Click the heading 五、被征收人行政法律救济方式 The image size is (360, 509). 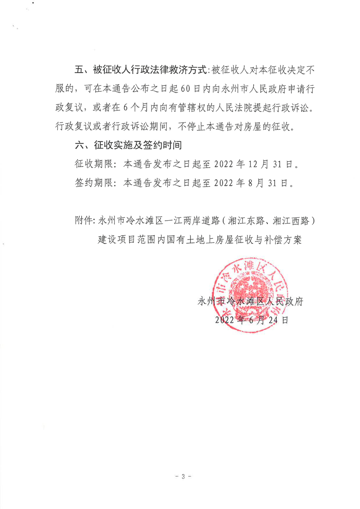point(140,71)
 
